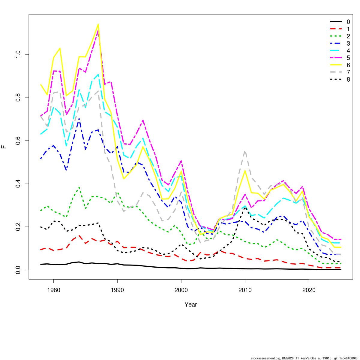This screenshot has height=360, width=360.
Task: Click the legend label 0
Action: pyautogui.click(x=348, y=22)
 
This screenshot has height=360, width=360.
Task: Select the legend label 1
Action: pyautogui.click(x=348, y=29)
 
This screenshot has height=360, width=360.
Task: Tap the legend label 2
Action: pyautogui.click(x=348, y=36)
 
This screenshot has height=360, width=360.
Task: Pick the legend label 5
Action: pyautogui.click(x=348, y=58)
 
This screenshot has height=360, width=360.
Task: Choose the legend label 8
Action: pyautogui.click(x=348, y=79)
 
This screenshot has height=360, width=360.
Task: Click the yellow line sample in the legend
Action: pyautogui.click(x=336, y=65)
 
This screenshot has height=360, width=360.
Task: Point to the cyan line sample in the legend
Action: pyautogui.click(x=336, y=51)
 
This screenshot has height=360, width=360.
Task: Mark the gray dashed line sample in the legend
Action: pyautogui.click(x=336, y=72)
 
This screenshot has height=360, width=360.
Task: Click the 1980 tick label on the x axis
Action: pyautogui.click(x=53, y=290)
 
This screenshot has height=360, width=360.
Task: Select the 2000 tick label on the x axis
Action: pyautogui.click(x=181, y=290)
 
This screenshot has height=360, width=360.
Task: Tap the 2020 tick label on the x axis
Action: pyautogui.click(x=309, y=290)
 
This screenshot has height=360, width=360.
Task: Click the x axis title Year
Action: pyautogui.click(x=191, y=305)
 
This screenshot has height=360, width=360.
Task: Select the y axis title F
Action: pyautogui.click(x=4, y=147)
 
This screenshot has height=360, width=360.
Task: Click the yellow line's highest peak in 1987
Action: pyautogui.click(x=98, y=24)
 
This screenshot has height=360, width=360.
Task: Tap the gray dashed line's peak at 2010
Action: pyautogui.click(x=245, y=151)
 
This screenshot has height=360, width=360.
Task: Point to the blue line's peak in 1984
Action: pyautogui.click(x=79, y=119)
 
